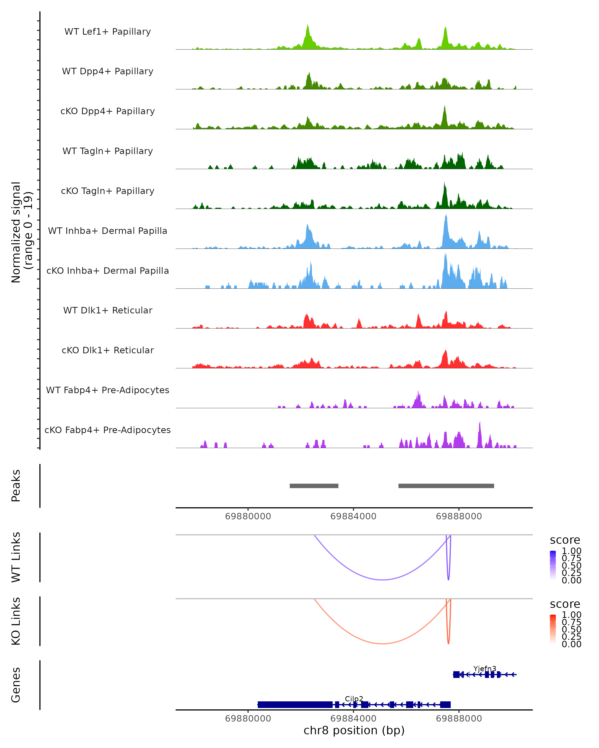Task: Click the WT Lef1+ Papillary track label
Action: (108, 32)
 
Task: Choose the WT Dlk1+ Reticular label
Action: (108, 310)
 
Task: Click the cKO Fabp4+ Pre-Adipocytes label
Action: (108, 430)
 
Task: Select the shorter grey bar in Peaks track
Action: (314, 486)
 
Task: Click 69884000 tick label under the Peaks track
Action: (353, 516)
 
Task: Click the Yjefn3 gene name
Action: (484, 668)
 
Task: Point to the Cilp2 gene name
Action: (354, 699)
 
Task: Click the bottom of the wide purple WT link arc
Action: (382, 579)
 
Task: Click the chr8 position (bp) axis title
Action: (354, 730)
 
